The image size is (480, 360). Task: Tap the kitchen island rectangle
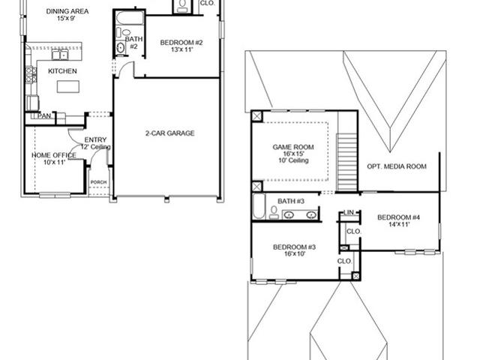[x=67, y=86]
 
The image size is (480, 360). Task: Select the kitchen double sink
[x=58, y=55]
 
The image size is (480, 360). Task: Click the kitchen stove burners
[x=31, y=73]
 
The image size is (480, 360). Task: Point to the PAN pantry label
[x=45, y=116]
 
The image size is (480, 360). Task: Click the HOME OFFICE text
[x=54, y=155]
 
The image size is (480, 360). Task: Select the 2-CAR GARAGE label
[x=169, y=133]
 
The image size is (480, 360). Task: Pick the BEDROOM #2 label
[x=182, y=43]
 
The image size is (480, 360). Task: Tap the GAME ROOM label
[x=293, y=147]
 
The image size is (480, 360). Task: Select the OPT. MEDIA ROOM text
[x=397, y=166]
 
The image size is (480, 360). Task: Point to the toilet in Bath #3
[x=274, y=214]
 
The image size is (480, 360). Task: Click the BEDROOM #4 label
[x=398, y=218]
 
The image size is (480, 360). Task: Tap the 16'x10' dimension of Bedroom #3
[x=293, y=254]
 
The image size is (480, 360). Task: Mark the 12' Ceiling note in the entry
[x=96, y=147]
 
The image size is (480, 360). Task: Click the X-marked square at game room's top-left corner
[x=257, y=116]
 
